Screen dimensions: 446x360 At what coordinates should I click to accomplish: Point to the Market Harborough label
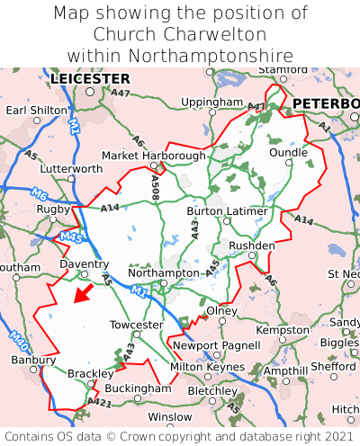[153, 156]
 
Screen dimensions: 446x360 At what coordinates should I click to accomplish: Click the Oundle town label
[288, 153]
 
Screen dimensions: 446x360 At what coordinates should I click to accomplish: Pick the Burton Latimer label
[227, 211]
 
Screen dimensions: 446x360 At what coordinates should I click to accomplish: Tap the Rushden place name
[252, 245]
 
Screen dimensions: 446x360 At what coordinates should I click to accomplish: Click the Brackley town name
[90, 373]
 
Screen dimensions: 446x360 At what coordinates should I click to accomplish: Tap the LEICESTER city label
[90, 79]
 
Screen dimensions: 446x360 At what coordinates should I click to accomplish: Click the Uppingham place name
[211, 103]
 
